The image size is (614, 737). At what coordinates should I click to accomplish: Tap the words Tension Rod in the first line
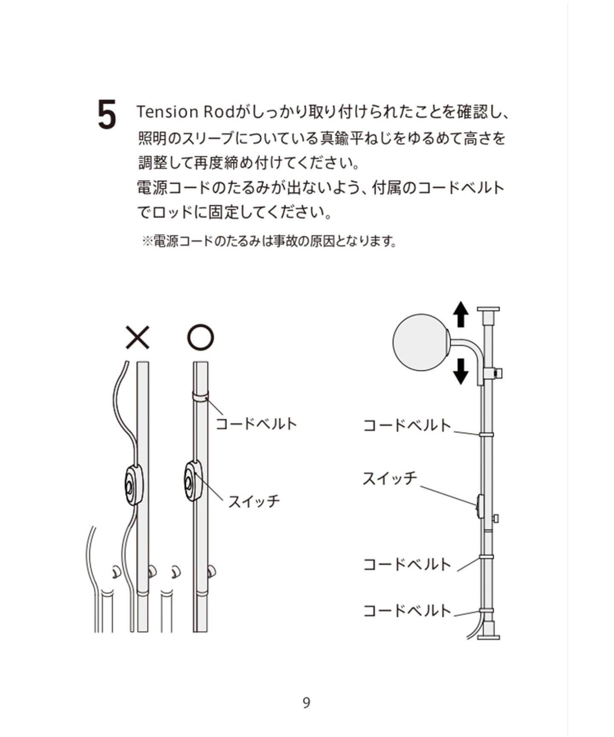click(185, 112)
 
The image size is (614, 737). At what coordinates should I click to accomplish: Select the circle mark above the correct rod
click(200, 337)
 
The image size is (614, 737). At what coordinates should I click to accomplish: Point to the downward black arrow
click(460, 371)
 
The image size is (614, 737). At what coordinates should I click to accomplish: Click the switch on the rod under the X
click(133, 486)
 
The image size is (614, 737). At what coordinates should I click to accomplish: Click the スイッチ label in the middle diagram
click(254, 501)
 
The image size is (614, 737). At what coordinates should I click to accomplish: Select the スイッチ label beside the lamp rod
click(390, 479)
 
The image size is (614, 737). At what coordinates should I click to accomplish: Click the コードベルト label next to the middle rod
click(256, 424)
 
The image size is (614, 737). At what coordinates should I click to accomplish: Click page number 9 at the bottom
click(306, 703)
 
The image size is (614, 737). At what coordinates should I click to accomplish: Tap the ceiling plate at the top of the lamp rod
click(488, 309)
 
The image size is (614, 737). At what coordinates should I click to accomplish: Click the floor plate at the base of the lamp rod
click(488, 637)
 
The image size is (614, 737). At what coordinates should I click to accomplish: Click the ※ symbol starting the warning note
click(147, 242)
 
